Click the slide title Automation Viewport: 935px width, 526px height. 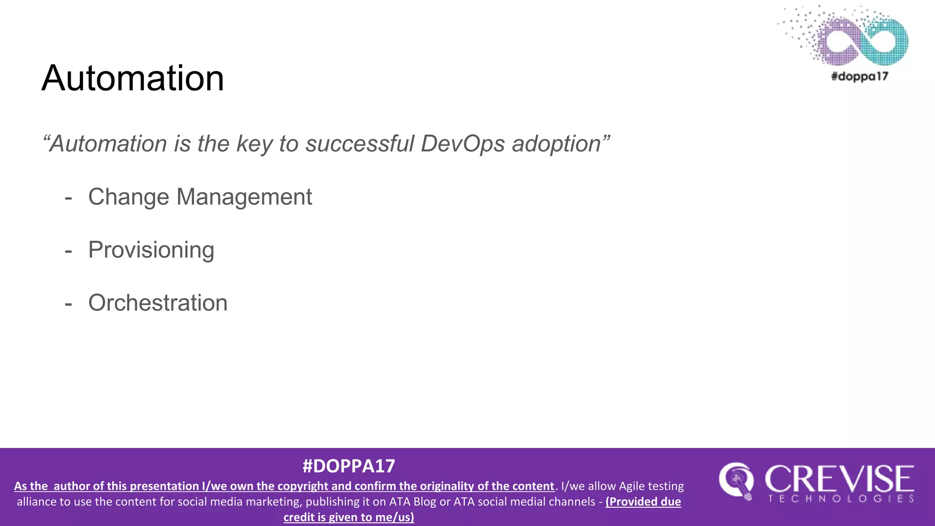pos(133,79)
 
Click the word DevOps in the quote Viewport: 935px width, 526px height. pos(462,144)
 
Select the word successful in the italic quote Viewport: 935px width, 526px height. pos(359,144)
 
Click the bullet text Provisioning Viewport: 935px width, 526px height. pos(151,250)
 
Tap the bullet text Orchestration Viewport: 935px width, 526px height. pos(158,303)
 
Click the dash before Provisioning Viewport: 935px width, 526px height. pos(68,251)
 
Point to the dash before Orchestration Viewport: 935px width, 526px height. pos(68,304)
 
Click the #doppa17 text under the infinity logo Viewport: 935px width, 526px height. pos(859,76)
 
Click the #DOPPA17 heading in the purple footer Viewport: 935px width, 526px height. pos(348,466)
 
